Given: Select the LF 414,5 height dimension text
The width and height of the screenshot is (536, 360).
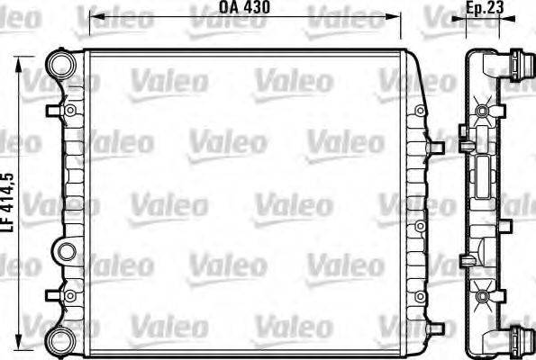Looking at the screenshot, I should [x=8, y=204].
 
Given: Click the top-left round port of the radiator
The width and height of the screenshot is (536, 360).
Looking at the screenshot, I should [x=60, y=64].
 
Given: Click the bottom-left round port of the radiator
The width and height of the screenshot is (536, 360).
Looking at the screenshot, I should [x=60, y=340].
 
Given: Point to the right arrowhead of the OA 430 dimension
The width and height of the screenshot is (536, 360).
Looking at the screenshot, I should [x=397, y=17].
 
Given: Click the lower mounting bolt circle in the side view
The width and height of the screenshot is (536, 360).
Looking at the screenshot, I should [x=481, y=295].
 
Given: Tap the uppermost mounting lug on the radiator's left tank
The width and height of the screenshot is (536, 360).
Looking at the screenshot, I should [x=70, y=110].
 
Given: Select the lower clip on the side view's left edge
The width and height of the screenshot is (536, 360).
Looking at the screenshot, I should [x=463, y=261].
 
